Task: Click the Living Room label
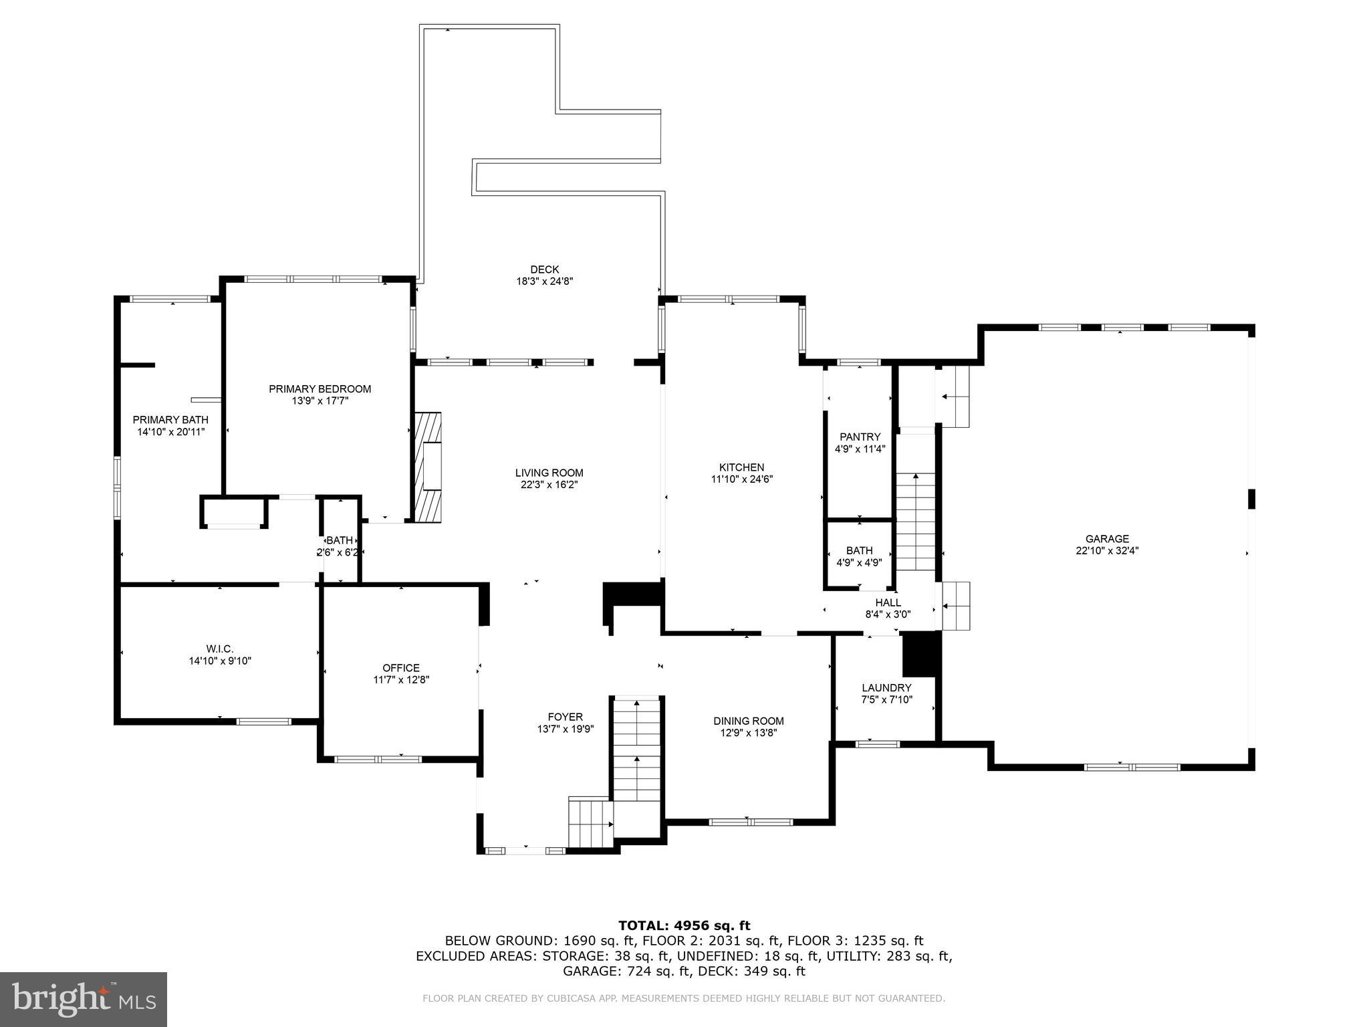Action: tap(549, 473)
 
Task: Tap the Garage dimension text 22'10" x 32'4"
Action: tap(1107, 551)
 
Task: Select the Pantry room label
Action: tap(860, 437)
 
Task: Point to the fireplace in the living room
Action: tap(428, 467)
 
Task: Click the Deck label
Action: tap(545, 269)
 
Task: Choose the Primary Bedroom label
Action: tap(320, 389)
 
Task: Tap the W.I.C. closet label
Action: tap(219, 649)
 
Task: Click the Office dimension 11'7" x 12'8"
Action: tap(401, 680)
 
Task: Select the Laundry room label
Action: tap(886, 687)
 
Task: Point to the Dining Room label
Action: tap(748, 721)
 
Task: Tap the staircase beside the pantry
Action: tap(915, 522)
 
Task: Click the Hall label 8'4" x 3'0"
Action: tap(888, 602)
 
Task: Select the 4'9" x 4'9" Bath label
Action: tap(859, 550)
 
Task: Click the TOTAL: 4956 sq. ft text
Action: tap(684, 925)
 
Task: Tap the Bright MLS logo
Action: tap(84, 999)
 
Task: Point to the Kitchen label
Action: tap(741, 467)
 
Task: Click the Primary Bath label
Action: tap(170, 420)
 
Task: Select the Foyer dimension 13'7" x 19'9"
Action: tap(566, 729)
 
